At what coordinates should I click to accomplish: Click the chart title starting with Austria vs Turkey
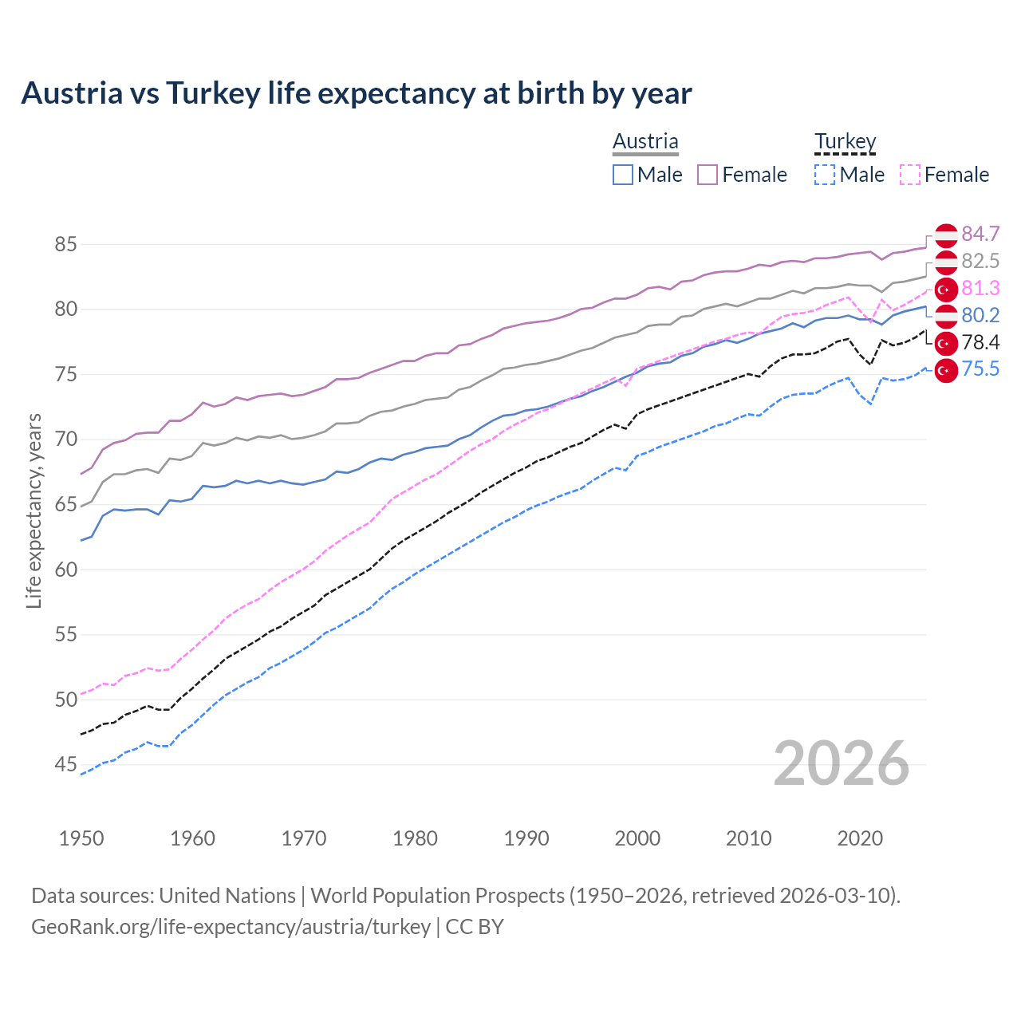pos(356,93)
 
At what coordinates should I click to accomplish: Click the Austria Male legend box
pos(623,175)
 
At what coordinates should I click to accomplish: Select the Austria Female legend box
pos(708,175)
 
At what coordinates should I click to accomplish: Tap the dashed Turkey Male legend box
pos(825,175)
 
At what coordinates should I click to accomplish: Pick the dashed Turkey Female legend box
pos(909,175)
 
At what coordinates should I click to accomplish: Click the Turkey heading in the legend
pos(845,142)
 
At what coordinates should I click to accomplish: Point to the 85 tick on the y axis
pos(65,244)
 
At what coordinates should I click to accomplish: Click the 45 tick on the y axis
pos(65,765)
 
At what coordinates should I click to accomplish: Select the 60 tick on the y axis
pos(65,570)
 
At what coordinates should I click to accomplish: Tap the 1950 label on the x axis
pos(81,838)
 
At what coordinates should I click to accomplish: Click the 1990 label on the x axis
pos(526,838)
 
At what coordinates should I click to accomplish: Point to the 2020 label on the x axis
pos(860,838)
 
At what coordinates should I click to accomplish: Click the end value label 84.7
pos(980,234)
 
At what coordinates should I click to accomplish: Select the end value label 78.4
pos(980,342)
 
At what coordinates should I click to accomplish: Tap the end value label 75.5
pos(980,369)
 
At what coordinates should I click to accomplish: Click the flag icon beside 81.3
pos(946,289)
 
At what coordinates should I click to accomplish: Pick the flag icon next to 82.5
pos(946,262)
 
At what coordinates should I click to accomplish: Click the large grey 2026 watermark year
pos(841,763)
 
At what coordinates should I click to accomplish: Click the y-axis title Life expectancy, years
pos(34,510)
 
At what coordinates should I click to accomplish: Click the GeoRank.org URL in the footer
pos(231,927)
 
